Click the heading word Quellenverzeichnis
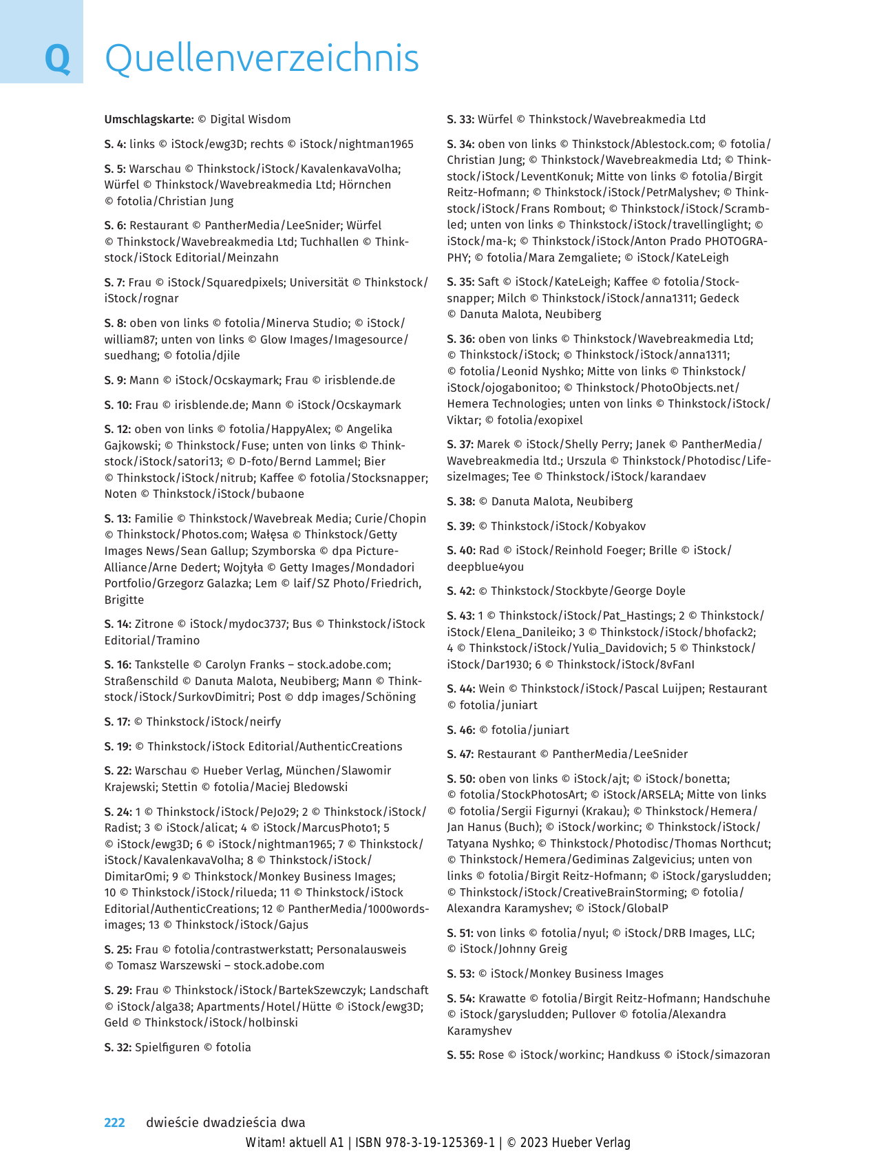click(262, 59)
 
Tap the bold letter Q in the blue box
click(57, 59)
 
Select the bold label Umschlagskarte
click(149, 119)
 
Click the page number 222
click(114, 1122)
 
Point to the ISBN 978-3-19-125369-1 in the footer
click(425, 1143)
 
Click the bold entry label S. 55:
click(461, 1055)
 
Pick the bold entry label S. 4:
click(115, 144)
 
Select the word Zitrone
click(154, 624)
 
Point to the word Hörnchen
click(365, 185)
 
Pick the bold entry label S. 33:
click(461, 119)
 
